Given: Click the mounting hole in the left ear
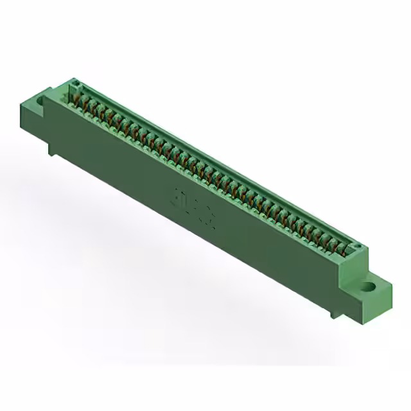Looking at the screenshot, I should coord(42,101).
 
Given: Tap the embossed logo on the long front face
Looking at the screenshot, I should coord(192,198).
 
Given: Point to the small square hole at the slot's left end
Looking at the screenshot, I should coord(74,83).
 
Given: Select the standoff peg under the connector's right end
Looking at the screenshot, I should coord(333,313).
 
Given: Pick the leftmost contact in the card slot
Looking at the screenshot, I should coord(73,96).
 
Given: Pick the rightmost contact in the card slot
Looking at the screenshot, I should coord(349,249).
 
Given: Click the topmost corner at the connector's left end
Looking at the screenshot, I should coord(71,79).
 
